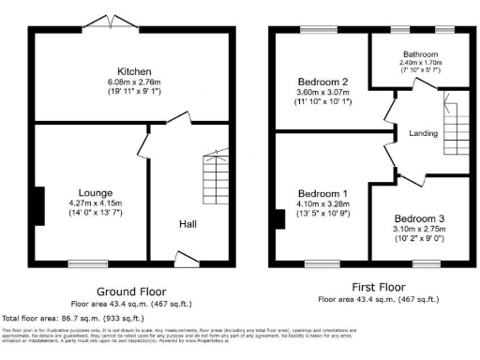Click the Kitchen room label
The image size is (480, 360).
coord(129,72)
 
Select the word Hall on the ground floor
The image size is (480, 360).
coord(187,223)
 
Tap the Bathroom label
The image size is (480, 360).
coord(414,54)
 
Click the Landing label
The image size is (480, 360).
coord(424,134)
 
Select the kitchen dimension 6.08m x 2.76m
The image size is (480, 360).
coord(129,83)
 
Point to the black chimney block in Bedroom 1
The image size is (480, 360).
coord(279,219)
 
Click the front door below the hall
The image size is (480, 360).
coord(187,257)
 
